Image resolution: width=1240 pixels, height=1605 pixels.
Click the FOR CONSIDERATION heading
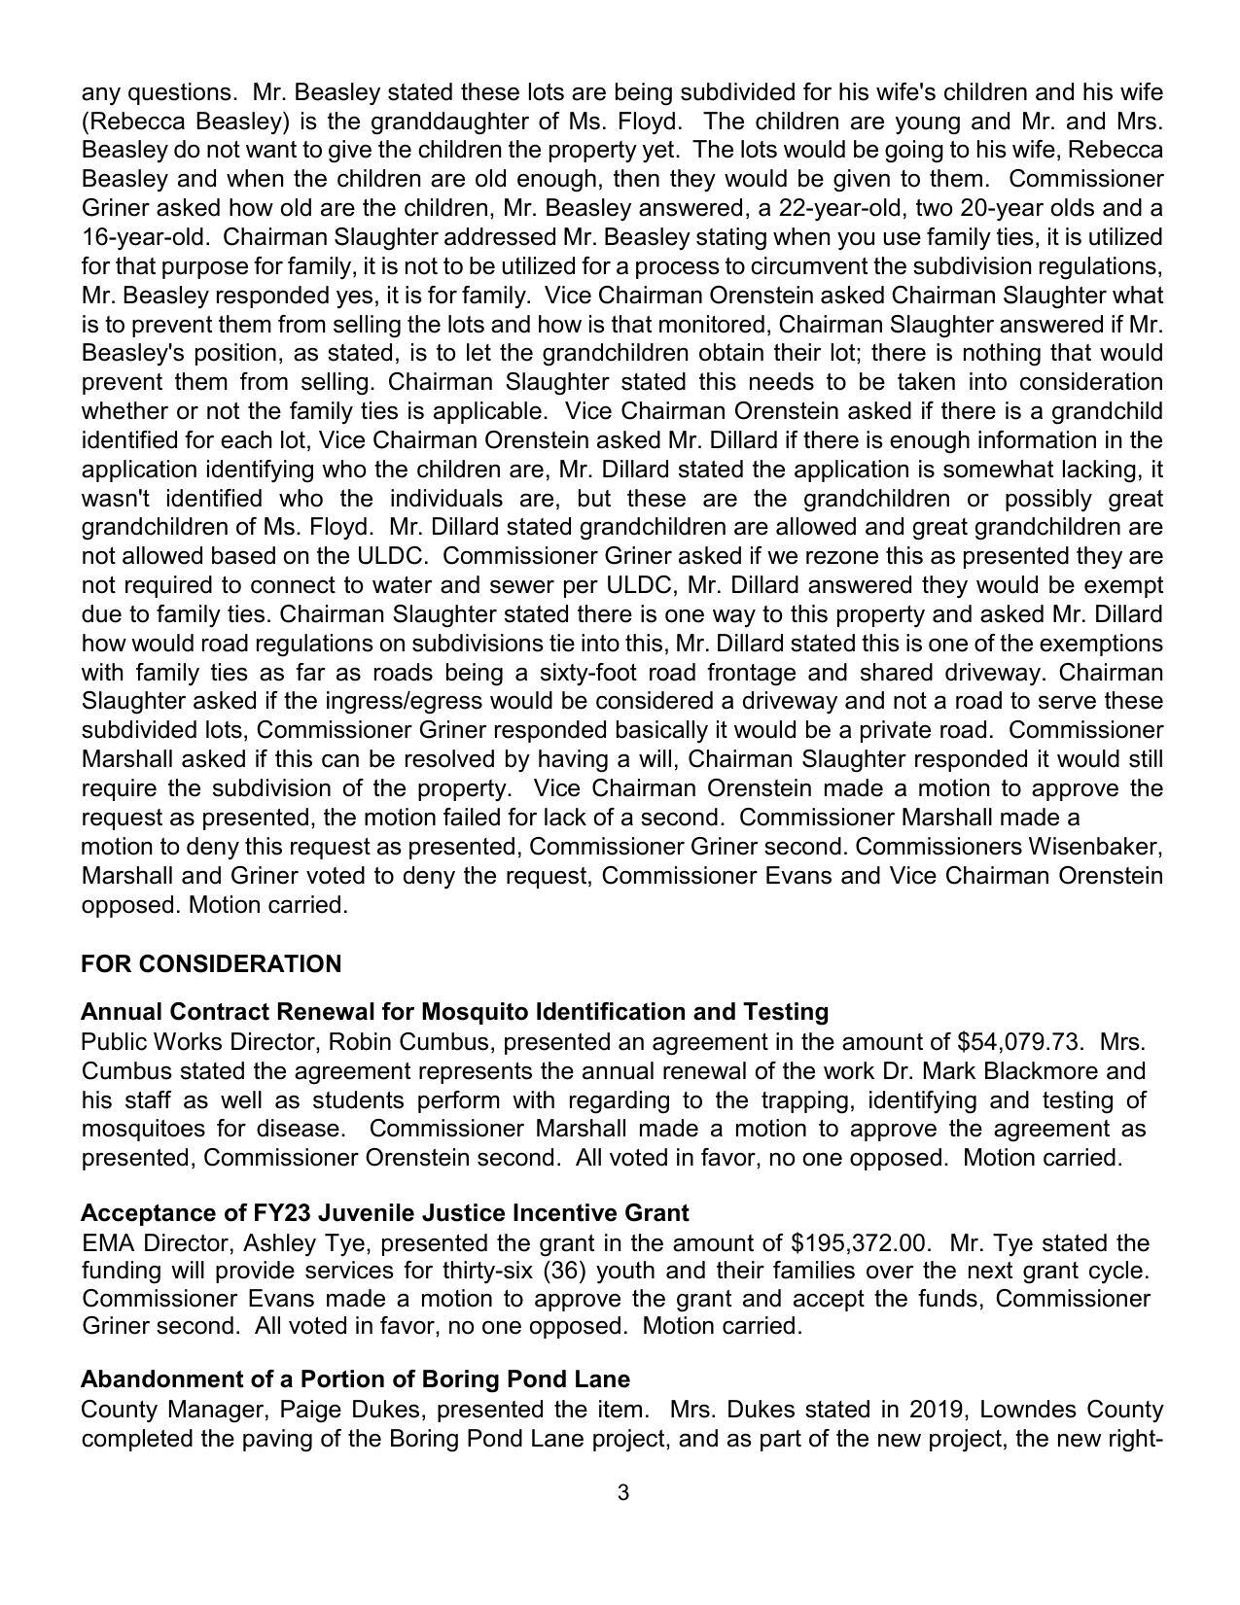tap(211, 964)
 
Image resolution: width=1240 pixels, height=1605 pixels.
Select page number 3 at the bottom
tap(622, 1492)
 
